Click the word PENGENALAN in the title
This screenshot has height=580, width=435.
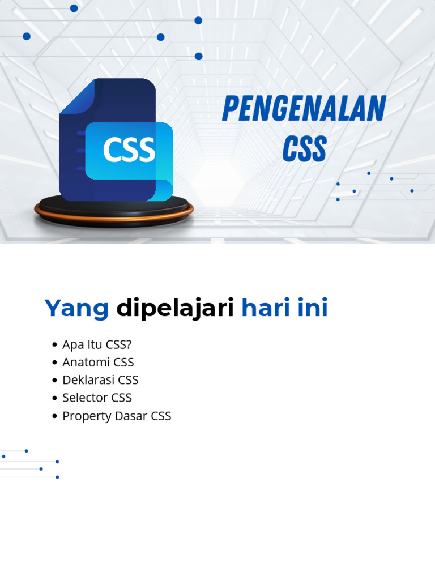[x=304, y=109]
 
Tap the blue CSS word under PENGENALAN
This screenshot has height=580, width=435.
[x=304, y=149]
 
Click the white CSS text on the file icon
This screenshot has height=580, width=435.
[x=129, y=150]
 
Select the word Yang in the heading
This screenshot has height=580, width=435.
[x=76, y=309]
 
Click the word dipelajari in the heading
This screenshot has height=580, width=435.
[x=175, y=309]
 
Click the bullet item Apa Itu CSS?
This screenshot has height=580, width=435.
[x=97, y=344]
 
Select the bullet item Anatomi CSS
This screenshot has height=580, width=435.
[x=98, y=362]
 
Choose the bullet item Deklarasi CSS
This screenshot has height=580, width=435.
[x=100, y=380]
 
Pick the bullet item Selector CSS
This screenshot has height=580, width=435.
[x=97, y=398]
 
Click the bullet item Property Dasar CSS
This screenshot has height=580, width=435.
[x=117, y=416]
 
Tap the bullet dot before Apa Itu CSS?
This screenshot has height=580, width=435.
[x=54, y=345]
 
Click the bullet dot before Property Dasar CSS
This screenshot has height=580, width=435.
[x=54, y=416]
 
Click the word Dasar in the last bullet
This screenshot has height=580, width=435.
[x=131, y=416]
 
